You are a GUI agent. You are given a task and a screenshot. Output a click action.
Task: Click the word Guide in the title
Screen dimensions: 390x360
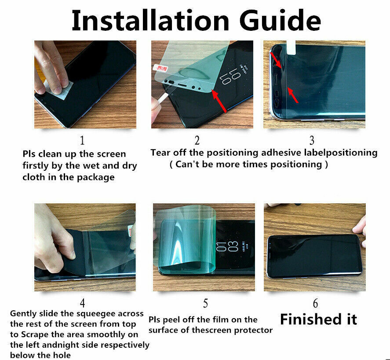tap(281, 20)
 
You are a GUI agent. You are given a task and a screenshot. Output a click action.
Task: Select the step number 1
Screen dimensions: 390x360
tap(82, 140)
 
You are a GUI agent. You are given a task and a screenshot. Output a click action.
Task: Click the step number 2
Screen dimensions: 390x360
tap(197, 140)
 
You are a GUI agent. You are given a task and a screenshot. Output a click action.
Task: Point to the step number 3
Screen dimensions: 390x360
tap(312, 140)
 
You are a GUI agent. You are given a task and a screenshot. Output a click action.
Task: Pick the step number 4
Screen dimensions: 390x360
tap(82, 303)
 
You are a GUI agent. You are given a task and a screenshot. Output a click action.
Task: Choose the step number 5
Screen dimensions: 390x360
tap(205, 303)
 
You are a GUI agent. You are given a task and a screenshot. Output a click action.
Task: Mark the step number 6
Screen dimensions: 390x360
tap(315, 303)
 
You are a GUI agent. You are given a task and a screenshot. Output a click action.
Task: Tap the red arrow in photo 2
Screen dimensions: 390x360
tap(219, 101)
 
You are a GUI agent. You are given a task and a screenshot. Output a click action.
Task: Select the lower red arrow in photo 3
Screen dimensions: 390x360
tap(293, 95)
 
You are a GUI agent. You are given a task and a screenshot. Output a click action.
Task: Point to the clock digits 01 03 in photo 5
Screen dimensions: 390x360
tap(227, 246)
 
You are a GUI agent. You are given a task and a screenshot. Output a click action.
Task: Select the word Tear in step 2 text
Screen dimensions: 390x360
tap(160, 153)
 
